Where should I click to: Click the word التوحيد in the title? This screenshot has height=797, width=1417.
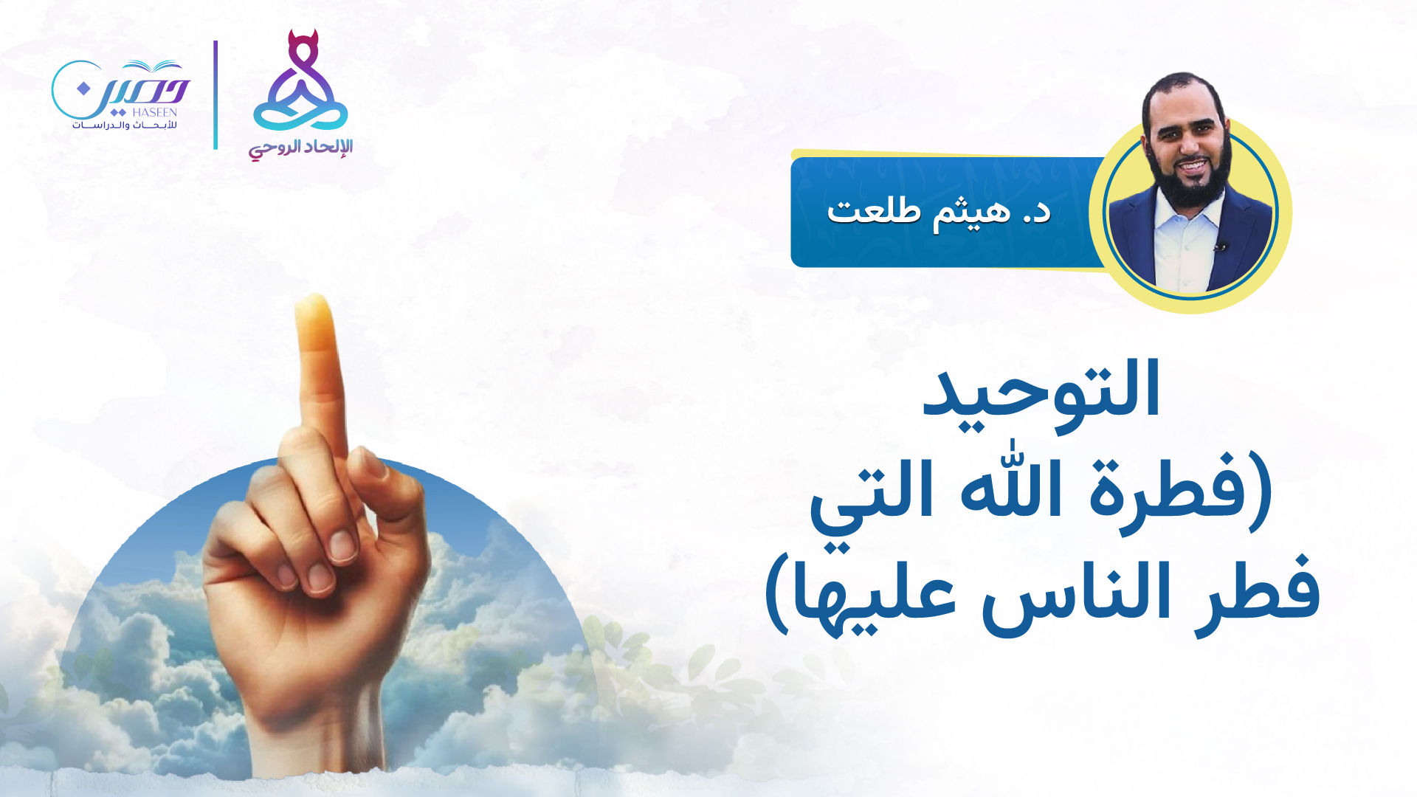click(x=1041, y=395)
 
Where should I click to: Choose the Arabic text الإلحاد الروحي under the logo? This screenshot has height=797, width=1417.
click(x=300, y=148)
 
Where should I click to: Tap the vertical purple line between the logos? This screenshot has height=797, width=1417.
click(x=216, y=95)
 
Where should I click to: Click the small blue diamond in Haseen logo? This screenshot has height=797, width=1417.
click(x=83, y=89)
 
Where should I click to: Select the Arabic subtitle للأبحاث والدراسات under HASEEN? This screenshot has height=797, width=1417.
click(x=125, y=125)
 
